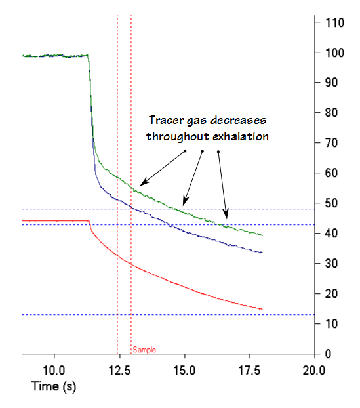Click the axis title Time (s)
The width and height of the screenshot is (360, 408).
click(x=54, y=387)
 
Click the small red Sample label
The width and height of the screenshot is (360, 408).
click(x=144, y=350)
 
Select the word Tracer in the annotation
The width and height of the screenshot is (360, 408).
click(x=165, y=121)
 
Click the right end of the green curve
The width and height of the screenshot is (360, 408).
click(x=262, y=235)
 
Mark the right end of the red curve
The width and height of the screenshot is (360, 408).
click(x=262, y=309)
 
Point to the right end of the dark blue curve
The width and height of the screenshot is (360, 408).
click(x=262, y=253)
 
